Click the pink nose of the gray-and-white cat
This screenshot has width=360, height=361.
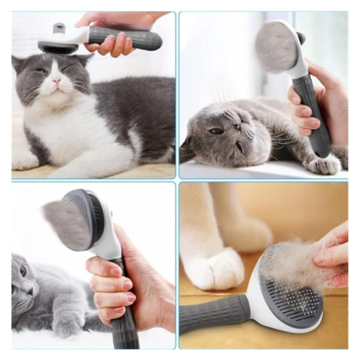56,81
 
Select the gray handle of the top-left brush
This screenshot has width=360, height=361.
125,37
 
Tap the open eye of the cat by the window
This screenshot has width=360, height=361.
217,132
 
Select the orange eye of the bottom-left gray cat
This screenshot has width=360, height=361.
23,270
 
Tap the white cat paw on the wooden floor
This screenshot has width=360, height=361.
214,268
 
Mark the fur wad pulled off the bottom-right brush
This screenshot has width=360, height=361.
291,260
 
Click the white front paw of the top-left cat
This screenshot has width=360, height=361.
23,160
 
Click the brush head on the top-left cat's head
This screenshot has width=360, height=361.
58,46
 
